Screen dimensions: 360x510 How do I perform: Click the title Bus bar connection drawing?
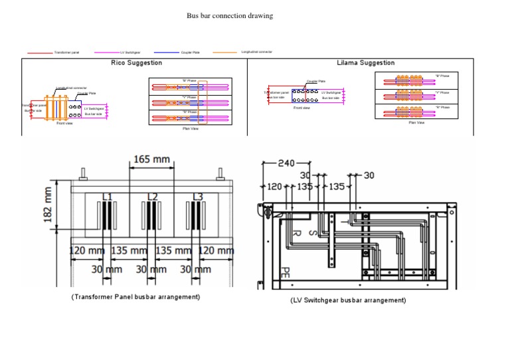(x=229, y=15)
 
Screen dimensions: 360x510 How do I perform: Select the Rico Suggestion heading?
(x=136, y=62)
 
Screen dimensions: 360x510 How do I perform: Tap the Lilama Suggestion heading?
(x=365, y=62)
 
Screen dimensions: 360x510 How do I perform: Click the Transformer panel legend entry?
(x=66, y=52)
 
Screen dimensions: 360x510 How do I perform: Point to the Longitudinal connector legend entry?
(x=256, y=51)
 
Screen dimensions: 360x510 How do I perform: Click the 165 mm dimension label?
(x=151, y=159)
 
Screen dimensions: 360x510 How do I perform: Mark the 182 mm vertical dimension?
(x=48, y=205)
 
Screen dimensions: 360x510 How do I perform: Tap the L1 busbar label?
(x=106, y=197)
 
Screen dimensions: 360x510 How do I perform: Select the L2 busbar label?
(x=152, y=197)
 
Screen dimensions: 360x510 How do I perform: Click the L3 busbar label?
(x=197, y=197)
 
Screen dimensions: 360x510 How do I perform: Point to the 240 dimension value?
(x=286, y=163)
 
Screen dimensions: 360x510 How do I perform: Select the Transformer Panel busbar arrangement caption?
(x=135, y=296)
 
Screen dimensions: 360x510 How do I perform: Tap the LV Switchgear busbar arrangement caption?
(x=347, y=300)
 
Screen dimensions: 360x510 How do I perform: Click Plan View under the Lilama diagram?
(x=416, y=122)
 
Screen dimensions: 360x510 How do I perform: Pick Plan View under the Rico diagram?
(x=191, y=128)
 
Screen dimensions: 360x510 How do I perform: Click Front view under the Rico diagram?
(x=64, y=124)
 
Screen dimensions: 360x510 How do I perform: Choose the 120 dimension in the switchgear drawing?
(x=274, y=187)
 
